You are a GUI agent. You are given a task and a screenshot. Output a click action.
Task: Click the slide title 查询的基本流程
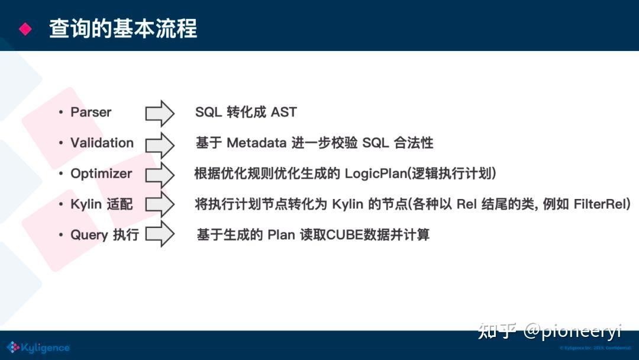123,28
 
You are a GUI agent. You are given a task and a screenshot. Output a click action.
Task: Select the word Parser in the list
91,112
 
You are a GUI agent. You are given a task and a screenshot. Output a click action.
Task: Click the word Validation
102,143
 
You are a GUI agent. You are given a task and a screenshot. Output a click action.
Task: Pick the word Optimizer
101,174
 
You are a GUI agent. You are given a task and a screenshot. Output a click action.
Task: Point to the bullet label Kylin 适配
102,205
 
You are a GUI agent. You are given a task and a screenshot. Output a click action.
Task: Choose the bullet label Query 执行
105,235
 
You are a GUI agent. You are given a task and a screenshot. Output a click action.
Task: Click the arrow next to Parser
160,113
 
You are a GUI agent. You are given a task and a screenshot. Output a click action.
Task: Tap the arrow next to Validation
160,144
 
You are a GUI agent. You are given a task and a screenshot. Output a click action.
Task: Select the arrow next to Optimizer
160,175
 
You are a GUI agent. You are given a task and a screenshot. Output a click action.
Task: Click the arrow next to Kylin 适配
160,205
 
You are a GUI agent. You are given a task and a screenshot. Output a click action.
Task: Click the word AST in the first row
284,112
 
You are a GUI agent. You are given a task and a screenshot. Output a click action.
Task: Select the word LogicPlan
373,174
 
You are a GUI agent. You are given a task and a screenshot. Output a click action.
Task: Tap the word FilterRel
599,205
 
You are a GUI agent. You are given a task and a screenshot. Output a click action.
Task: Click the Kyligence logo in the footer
38,348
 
